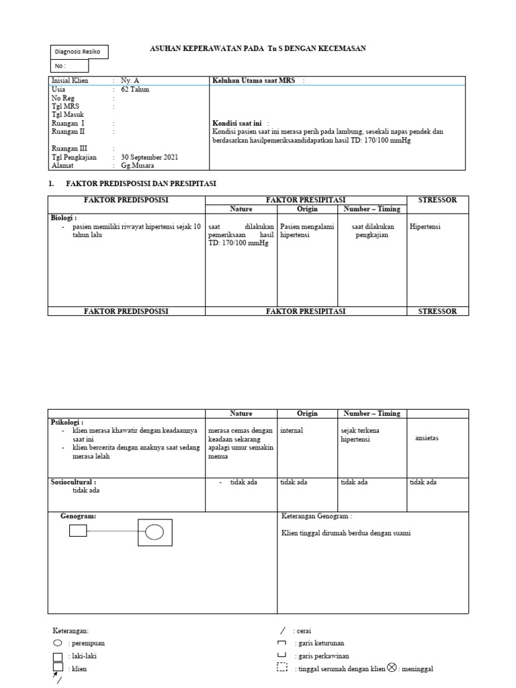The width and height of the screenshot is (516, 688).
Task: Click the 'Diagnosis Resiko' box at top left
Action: pos(79,52)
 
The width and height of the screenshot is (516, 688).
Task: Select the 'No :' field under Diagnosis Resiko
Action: pos(69,66)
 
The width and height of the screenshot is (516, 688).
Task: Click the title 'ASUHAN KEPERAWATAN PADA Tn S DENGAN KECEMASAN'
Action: pos(257,48)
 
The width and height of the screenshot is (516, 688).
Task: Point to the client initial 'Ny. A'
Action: pos(130,81)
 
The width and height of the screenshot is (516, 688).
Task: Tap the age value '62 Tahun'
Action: pos(135,89)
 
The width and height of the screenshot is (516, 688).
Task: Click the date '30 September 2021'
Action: pos(149,157)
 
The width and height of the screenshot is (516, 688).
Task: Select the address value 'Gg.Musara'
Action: pos(137,165)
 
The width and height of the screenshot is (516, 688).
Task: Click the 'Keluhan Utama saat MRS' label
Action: pos(254,81)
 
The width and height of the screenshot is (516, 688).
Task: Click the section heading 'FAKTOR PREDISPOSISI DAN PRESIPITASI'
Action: pos(141,183)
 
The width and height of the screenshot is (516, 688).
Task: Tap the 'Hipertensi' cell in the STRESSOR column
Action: pos(425,227)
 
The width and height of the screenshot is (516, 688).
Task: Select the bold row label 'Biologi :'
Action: pos(64,218)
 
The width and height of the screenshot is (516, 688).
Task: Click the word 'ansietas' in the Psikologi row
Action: pos(427,438)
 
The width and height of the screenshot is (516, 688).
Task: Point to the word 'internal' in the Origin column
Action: pos(292,431)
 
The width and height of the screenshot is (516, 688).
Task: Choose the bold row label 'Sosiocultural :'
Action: pos(74,482)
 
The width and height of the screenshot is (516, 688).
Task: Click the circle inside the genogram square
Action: pos(155,532)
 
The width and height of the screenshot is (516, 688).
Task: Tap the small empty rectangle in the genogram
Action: pos(78,531)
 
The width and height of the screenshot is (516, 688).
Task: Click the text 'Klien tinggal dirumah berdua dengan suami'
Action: pos(345,533)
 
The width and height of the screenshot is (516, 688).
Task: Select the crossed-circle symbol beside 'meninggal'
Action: pos(392,667)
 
